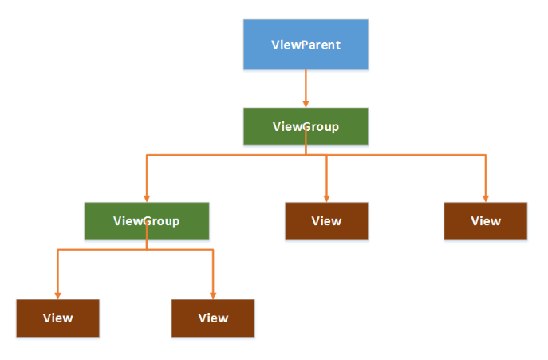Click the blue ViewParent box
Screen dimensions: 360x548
click(306, 45)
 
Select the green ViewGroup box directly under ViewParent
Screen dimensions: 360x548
click(306, 126)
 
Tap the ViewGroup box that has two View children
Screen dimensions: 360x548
click(147, 221)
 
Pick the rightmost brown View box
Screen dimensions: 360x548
click(486, 221)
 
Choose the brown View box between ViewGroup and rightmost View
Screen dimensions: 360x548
click(327, 221)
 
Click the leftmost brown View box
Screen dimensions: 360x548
click(57, 318)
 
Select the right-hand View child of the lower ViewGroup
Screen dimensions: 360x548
click(213, 318)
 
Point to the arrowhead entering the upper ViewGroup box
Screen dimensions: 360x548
click(306, 103)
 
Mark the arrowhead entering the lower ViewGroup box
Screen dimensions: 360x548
click(147, 198)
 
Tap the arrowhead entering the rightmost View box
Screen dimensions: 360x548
click(486, 198)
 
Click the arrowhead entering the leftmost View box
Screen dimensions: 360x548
click(57, 295)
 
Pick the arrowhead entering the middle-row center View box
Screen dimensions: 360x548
click(327, 198)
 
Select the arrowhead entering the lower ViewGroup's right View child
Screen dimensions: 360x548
click(213, 295)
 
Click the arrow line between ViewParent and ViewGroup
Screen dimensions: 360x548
click(306, 85)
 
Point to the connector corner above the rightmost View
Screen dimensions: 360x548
click(486, 156)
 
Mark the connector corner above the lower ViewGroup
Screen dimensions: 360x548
click(147, 156)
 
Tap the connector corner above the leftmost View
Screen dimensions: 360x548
click(57, 250)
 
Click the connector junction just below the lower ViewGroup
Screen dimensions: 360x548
click(147, 250)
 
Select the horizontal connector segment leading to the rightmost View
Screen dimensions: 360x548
click(407, 156)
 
